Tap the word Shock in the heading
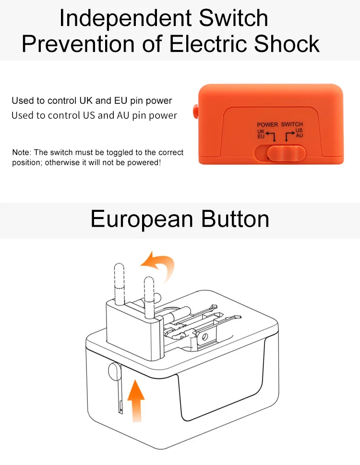coord(287,44)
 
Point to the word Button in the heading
coord(235,219)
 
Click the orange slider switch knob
coord(286,153)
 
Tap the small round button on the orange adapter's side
coord(195,111)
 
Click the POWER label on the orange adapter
coord(267,124)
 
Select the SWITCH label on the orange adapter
coord(292,124)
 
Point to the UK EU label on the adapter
coord(261,134)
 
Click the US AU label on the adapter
coord(299,133)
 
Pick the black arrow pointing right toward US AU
coord(290,136)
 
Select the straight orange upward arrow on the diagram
coord(136,400)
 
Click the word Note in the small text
coord(21,152)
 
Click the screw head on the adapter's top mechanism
coord(204,337)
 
